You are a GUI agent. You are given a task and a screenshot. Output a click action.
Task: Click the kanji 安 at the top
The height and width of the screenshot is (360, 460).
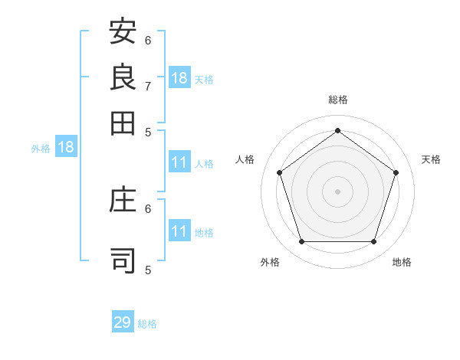[x=123, y=33]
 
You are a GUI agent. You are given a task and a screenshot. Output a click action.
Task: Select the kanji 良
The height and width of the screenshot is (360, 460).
[x=123, y=77]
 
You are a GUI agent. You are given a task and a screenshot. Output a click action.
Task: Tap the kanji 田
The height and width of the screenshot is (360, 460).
[x=123, y=122]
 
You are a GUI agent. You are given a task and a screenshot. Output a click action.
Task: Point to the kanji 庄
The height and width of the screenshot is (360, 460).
[x=123, y=200]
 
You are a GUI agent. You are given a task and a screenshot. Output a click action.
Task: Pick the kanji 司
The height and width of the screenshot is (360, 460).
[x=123, y=260]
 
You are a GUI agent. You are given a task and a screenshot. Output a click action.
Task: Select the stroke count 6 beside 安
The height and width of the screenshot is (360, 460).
[x=149, y=40]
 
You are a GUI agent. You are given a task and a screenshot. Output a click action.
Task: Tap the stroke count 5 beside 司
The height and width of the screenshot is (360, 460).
[x=149, y=269]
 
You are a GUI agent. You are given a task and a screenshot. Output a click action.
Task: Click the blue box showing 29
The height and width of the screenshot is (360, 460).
[x=123, y=322]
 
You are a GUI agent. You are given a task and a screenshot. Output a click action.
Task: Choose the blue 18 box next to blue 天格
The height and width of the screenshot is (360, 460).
[x=179, y=78]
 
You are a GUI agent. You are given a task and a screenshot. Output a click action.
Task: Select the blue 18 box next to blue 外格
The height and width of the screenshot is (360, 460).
[x=66, y=147]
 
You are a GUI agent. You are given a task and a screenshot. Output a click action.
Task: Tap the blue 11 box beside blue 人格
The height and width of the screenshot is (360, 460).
[x=179, y=162]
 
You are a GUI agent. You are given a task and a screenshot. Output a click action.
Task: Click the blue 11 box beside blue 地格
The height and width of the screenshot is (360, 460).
[x=179, y=231]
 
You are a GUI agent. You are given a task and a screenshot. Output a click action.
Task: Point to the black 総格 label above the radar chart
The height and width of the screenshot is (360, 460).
[x=337, y=100]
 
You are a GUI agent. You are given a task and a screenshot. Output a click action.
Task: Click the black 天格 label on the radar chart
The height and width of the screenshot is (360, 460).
[x=431, y=159]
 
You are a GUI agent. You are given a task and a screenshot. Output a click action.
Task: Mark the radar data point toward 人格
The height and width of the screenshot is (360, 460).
[x=279, y=173]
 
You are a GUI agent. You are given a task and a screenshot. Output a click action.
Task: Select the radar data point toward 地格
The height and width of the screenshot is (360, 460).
[x=373, y=242]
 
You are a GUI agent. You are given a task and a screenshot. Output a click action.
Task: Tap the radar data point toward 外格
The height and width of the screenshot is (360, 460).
[x=301, y=242]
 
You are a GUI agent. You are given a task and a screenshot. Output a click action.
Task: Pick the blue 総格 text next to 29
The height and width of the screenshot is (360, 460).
[x=147, y=324]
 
